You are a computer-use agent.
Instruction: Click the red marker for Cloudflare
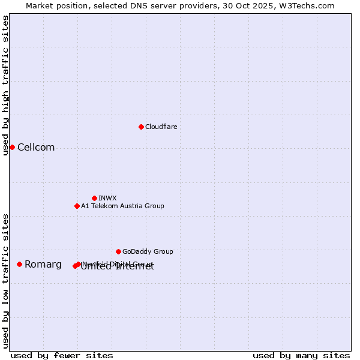141,127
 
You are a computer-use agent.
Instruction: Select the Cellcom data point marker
12,147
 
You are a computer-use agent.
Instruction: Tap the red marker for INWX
94,198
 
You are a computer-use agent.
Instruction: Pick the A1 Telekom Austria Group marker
77,206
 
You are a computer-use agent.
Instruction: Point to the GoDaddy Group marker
118,251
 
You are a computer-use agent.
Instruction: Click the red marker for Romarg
19,264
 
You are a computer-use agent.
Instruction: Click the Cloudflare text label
161,127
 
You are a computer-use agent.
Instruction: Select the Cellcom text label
36,148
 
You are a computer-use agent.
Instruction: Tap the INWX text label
107,198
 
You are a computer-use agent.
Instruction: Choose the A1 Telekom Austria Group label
122,206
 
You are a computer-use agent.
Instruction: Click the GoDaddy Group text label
148,251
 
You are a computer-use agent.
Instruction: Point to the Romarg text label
43,265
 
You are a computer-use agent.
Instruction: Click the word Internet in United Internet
136,267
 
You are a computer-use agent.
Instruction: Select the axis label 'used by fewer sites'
62,355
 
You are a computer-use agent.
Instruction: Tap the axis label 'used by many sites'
301,355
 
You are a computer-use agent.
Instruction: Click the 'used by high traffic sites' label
6,85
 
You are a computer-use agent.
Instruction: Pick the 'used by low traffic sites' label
6,280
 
